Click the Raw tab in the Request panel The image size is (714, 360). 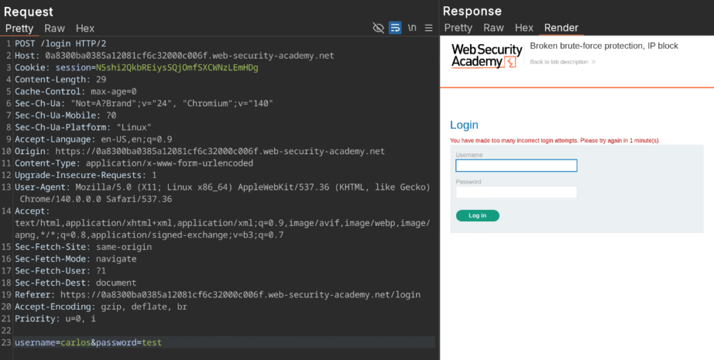tap(54, 28)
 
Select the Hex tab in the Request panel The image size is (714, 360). tap(85, 28)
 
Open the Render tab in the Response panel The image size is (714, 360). tap(561, 28)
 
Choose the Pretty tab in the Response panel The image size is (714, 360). tap(458, 28)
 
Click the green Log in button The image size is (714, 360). tap(477, 216)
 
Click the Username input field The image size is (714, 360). tap(517, 165)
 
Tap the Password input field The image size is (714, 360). tap(517, 192)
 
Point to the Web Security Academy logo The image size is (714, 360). tap(487, 56)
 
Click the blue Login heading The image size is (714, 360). tap(464, 125)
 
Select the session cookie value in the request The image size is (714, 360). tap(177, 68)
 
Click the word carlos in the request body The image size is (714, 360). tap(75, 343)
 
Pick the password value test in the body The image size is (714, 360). tap(151, 343)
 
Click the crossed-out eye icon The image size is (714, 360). tap(379, 28)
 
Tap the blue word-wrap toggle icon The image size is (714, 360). tap(395, 28)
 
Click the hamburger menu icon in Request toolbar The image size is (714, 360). tap(429, 28)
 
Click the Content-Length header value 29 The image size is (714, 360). tap(101, 80)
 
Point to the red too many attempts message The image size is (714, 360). tap(554, 140)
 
